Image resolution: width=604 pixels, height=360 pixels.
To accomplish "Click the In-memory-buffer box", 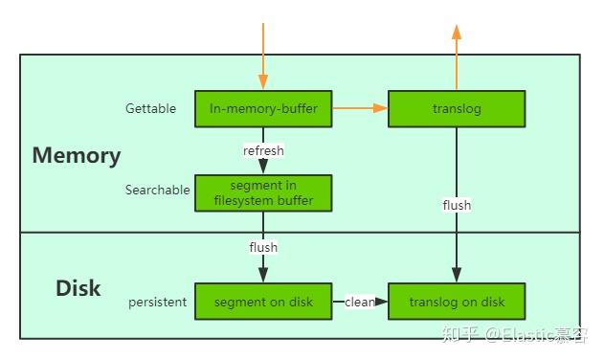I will point(263,109).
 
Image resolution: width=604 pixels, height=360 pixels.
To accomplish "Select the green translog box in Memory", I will point(456,109).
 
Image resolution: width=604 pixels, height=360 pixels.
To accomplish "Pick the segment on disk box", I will point(263,302).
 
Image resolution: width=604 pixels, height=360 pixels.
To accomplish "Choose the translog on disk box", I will point(456,302).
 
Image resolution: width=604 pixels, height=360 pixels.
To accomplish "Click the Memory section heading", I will point(77,155).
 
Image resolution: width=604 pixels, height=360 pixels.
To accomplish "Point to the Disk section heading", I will point(78,288).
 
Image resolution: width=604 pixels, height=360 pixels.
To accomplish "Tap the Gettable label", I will point(150,109).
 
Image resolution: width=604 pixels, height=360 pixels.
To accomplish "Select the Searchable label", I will point(157,191).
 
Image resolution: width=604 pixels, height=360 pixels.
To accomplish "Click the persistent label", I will point(157,303).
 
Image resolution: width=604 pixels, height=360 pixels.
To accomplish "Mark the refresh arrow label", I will point(263,151).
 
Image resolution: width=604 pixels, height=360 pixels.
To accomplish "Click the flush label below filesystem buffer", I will point(263,247).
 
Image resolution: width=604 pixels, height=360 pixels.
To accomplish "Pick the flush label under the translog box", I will point(456,205).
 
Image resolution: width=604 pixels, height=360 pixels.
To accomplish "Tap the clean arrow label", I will point(359,303).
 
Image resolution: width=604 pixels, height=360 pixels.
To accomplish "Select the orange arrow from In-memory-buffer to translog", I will point(359,109).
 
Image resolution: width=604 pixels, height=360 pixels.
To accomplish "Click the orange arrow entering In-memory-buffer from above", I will point(262,57).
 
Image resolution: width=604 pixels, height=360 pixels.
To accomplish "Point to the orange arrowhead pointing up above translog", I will point(457,33).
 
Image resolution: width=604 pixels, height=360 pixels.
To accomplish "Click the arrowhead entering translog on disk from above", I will point(456,277).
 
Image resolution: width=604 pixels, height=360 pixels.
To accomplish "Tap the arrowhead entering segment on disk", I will point(263,277).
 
